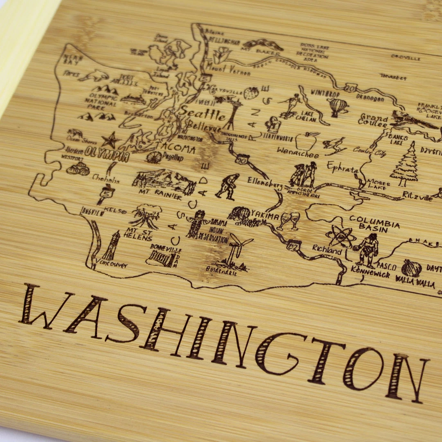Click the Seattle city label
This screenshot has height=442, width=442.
pos(203,113)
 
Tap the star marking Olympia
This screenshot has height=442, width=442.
pos(110,140)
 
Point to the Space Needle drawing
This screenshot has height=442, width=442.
pos(232,110)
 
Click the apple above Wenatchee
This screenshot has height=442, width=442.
pos(307,141)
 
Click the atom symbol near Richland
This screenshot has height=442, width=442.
pos(341,236)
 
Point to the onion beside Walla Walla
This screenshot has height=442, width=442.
pos(411,268)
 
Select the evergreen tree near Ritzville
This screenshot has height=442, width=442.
pos(405,165)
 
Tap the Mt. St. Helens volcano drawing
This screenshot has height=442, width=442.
pos(146,216)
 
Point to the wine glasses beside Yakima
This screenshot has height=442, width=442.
pos(289,221)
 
